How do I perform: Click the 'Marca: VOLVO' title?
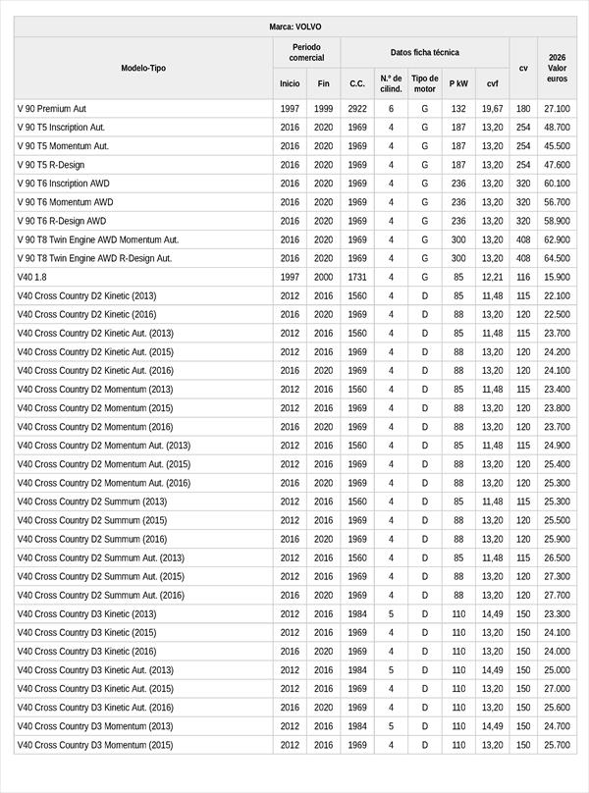pos(294,26)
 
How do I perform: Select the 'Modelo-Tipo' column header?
pos(143,68)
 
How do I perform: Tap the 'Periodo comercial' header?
pos(306,52)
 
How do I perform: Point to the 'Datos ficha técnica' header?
pos(424,52)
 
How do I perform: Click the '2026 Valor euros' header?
pos(557,68)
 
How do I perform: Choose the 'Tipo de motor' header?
pos(424,83)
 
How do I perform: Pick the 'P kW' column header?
pos(458,83)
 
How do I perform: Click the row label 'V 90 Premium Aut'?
pos(52,109)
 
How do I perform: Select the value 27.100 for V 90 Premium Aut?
pos(557,109)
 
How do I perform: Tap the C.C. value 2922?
pos(357,109)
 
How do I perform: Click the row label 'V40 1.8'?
pos(32,277)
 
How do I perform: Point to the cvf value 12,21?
pos(492,277)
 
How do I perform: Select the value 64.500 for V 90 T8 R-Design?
pos(557,258)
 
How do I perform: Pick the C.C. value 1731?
pos(357,277)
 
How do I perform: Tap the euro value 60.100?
pos(557,184)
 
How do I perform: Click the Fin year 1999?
pos(323,109)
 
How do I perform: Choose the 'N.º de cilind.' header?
pos(391,83)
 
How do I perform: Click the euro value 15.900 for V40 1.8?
pos(557,277)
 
